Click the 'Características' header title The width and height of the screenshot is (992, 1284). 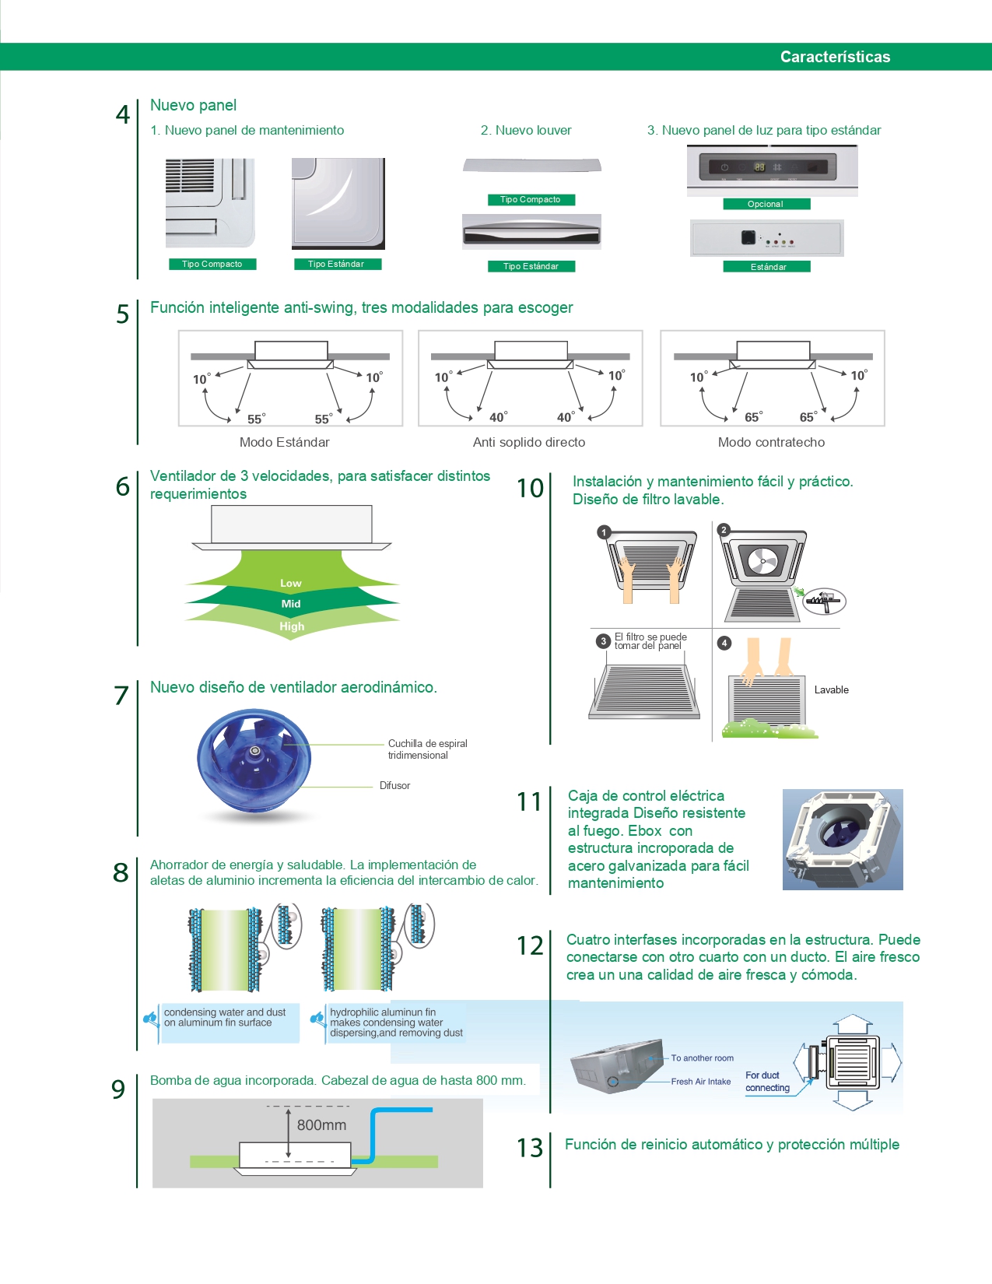[835, 57]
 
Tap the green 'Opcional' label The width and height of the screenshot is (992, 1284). [766, 204]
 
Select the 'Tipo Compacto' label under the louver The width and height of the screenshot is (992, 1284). [531, 199]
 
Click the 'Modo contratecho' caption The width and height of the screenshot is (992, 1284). [771, 442]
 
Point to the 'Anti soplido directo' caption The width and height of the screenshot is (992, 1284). [529, 442]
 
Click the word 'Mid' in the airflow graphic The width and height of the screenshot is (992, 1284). [291, 604]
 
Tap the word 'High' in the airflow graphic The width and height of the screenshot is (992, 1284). [292, 626]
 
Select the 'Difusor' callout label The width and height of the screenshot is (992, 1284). [394, 786]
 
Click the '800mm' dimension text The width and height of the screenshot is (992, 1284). [321, 1125]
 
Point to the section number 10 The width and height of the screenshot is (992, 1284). [530, 489]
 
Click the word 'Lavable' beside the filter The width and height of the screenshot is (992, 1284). [831, 690]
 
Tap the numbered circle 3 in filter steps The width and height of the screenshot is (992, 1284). [603, 641]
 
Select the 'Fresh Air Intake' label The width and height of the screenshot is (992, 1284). [701, 1082]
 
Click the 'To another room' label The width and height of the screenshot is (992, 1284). [702, 1058]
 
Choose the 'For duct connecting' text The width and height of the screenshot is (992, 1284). [767, 1082]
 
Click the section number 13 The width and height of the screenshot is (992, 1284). [530, 1148]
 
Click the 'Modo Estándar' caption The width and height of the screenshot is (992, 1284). [284, 442]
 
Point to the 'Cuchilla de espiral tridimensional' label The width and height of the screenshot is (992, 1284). [427, 749]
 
